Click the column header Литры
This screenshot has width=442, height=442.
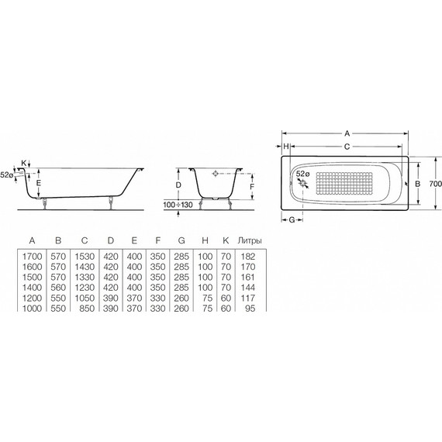coord(250,240)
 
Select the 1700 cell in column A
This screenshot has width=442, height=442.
coord(32,257)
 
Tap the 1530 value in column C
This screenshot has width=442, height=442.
coord(85,257)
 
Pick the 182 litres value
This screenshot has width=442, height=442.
coord(248,257)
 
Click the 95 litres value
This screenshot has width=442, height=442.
coord(250,308)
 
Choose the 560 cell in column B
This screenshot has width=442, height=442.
coord(58,288)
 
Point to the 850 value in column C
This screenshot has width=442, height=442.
coord(87,308)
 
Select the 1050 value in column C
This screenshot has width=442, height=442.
coord(85,298)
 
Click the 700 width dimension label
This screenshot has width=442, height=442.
coord(435,184)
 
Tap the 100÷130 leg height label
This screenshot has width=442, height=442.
coord(178,205)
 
